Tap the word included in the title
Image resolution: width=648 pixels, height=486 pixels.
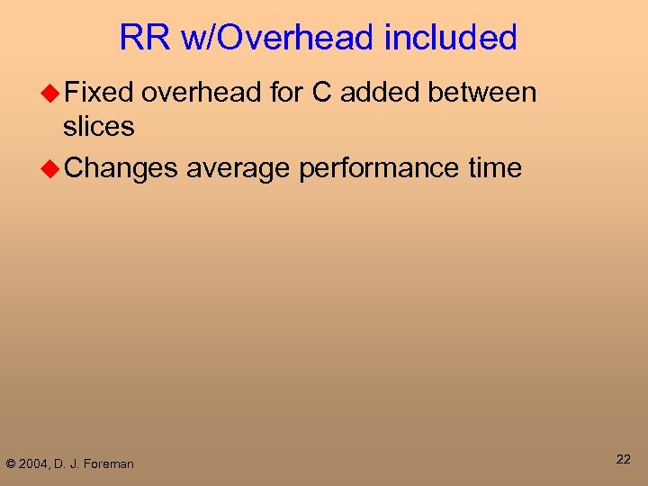click(450, 38)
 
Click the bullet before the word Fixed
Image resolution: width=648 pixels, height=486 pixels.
click(52, 93)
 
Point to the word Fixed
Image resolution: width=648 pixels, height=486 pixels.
click(99, 93)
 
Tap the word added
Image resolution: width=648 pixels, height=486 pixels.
click(383, 93)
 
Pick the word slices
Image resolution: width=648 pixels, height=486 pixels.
click(99, 127)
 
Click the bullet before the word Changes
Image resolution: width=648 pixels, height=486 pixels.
click(52, 168)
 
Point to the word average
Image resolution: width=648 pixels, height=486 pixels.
click(238, 168)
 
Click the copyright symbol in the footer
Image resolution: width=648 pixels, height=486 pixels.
click(11, 464)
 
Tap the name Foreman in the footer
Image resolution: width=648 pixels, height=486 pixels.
click(110, 464)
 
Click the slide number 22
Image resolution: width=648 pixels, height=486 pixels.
click(623, 460)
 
